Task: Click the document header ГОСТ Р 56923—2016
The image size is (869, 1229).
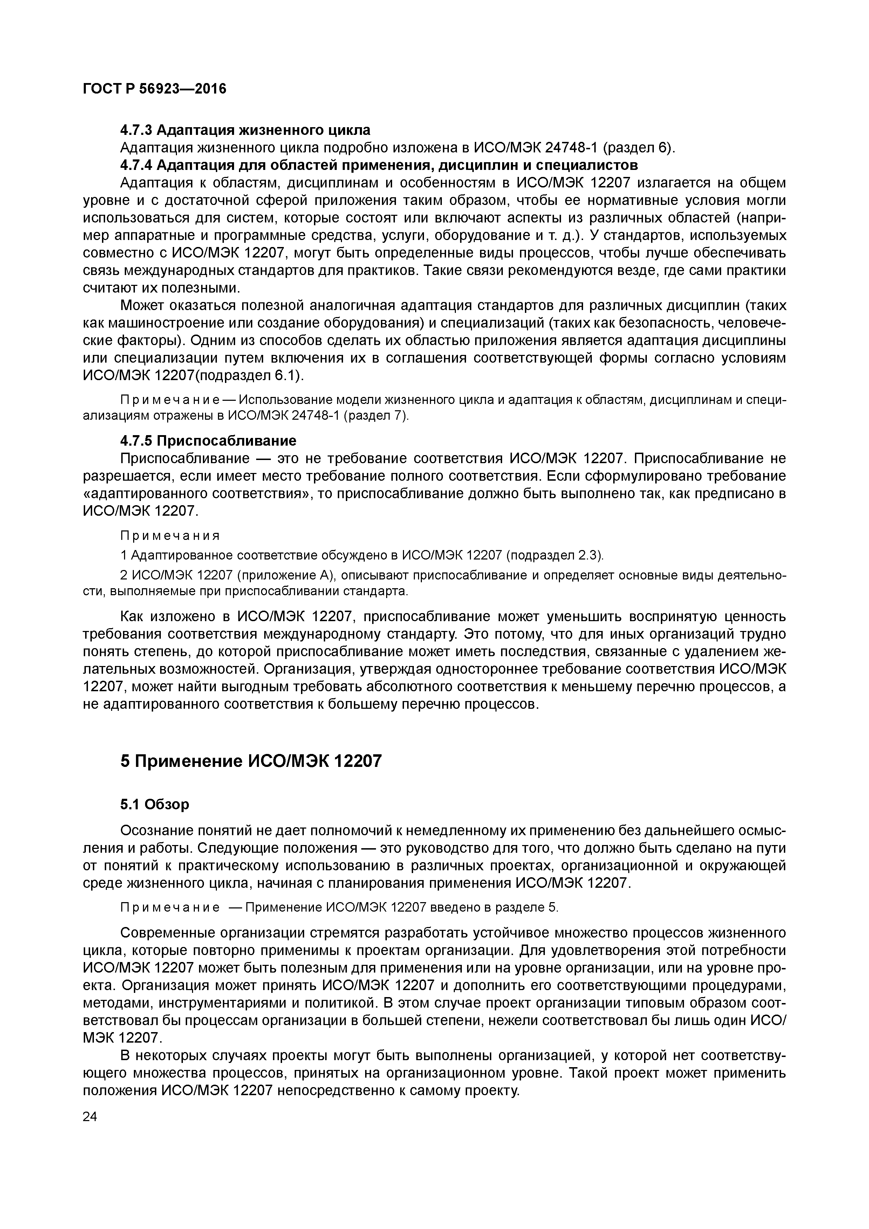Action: pos(155,88)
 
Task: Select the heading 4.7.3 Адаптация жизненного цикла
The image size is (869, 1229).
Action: pos(245,130)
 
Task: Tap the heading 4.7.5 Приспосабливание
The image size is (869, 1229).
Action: pos(208,440)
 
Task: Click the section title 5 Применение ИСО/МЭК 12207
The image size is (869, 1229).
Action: pos(251,761)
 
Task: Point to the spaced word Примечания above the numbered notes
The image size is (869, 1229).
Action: pos(170,536)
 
